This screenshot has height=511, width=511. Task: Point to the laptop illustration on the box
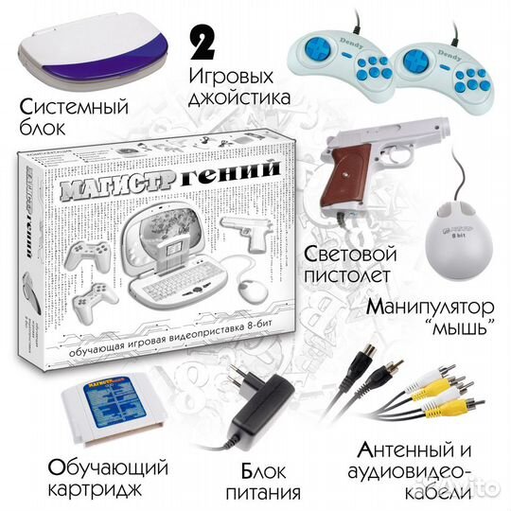(x=180, y=246)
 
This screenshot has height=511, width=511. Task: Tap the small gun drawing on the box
(x=248, y=226)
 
